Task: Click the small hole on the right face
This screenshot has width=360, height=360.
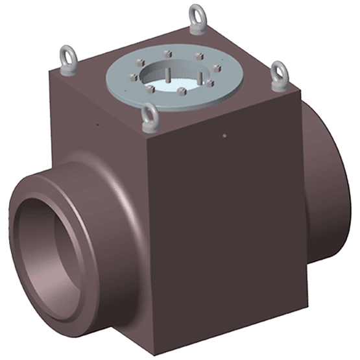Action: tap(224, 136)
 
